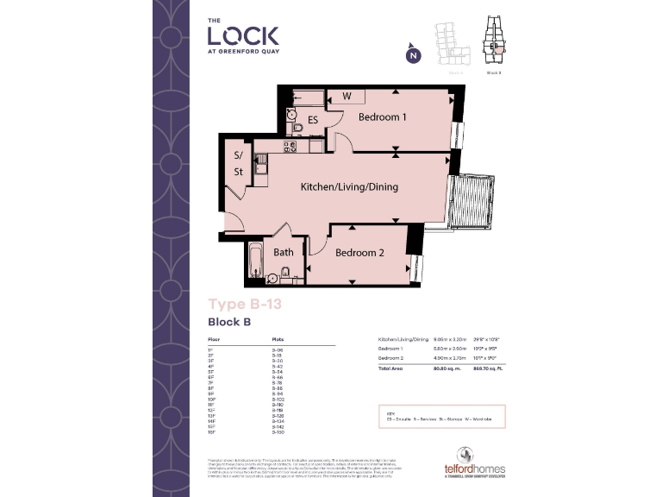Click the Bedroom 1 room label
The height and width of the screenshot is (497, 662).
click(x=382, y=117)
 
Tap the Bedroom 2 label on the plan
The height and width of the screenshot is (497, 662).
click(x=359, y=253)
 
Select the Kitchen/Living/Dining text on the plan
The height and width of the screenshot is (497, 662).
click(x=349, y=186)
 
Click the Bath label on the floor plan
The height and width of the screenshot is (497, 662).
click(x=284, y=253)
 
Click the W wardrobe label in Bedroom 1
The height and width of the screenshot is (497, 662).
click(x=347, y=96)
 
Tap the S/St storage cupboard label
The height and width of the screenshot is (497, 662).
click(x=237, y=164)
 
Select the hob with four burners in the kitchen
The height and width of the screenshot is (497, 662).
click(x=290, y=147)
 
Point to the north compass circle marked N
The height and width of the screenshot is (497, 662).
click(x=413, y=56)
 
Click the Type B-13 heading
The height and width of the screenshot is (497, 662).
click(x=245, y=304)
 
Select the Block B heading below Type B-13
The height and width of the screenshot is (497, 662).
click(x=228, y=322)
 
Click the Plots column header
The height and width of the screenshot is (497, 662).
click(x=278, y=340)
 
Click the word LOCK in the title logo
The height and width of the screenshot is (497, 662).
click(x=242, y=35)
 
